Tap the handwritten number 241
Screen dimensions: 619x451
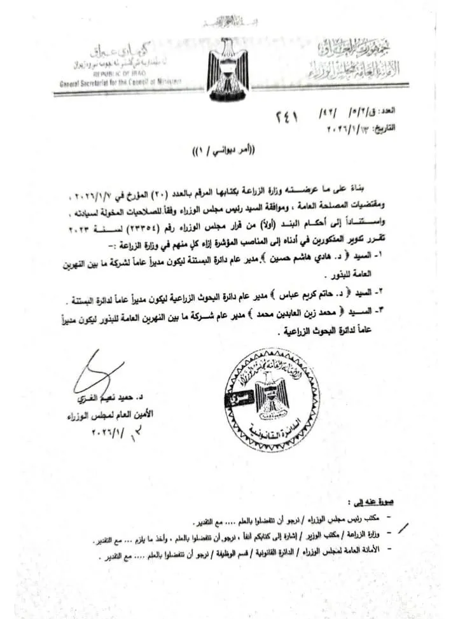click(x=286, y=118)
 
